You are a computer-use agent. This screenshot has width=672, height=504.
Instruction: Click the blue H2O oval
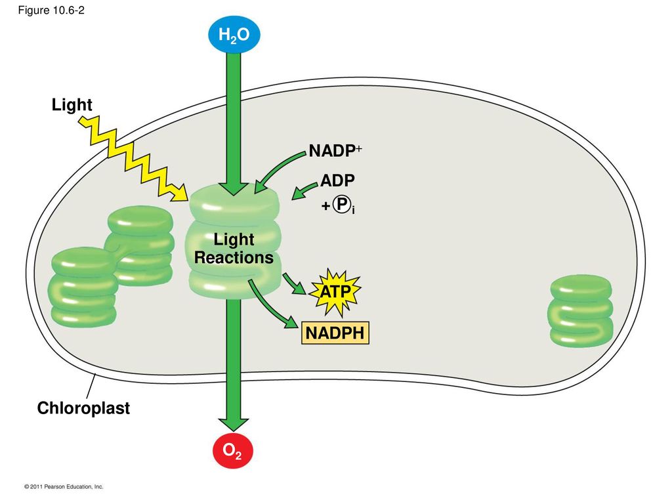[234, 35]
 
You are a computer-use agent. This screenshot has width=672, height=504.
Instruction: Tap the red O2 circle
[233, 451]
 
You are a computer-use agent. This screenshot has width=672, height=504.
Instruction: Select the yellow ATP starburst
[335, 292]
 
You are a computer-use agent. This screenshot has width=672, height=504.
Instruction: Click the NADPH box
[335, 333]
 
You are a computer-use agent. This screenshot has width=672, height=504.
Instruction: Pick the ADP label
[338, 180]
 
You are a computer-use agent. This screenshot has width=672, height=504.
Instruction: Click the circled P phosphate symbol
[341, 205]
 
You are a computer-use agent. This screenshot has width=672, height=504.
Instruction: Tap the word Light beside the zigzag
[72, 105]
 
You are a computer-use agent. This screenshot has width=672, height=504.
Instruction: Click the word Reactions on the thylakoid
[234, 257]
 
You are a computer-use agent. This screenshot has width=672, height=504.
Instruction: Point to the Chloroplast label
[83, 408]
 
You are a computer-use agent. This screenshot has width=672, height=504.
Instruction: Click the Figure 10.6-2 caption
[51, 10]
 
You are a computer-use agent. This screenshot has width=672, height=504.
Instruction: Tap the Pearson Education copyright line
[64, 486]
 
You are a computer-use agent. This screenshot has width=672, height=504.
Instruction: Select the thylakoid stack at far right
[581, 310]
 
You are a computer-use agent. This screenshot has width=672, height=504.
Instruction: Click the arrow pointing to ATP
[294, 284]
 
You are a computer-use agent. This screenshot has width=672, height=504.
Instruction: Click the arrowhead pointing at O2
[233, 425]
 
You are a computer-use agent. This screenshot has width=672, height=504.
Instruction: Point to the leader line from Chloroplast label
[91, 386]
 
